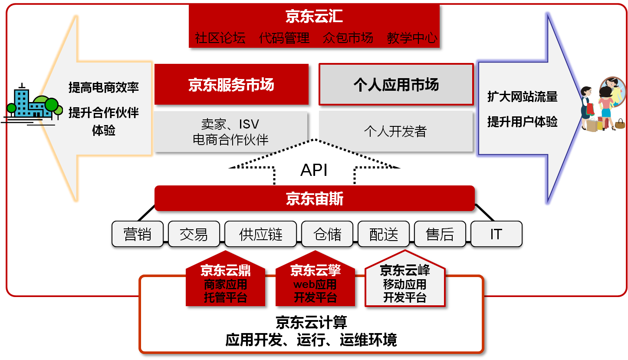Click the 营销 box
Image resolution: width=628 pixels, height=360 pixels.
pyautogui.click(x=138, y=234)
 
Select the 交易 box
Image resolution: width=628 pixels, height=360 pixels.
pyautogui.click(x=194, y=234)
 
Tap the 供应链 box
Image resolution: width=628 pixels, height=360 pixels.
pyautogui.click(x=260, y=234)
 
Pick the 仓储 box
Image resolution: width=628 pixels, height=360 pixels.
pyautogui.click(x=327, y=234)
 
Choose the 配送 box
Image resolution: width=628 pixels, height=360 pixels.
pyautogui.click(x=384, y=234)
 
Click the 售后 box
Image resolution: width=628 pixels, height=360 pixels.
pyautogui.click(x=440, y=234)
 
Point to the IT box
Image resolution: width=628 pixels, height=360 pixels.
pyautogui.click(x=496, y=234)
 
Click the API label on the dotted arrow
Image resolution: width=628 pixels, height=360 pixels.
pyautogui.click(x=314, y=171)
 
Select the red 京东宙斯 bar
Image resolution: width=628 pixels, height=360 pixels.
pyautogui.click(x=314, y=199)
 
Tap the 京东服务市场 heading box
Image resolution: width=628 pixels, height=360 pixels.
pyautogui.click(x=232, y=85)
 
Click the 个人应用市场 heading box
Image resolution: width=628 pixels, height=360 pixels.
pyautogui.click(x=396, y=85)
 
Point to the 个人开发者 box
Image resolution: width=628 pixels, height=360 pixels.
pyautogui.click(x=395, y=131)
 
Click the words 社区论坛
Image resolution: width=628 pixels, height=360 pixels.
pyautogui.click(x=220, y=38)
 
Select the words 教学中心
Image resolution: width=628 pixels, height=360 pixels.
pyautogui.click(x=412, y=38)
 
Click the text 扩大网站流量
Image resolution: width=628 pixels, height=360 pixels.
pyautogui.click(x=522, y=96)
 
